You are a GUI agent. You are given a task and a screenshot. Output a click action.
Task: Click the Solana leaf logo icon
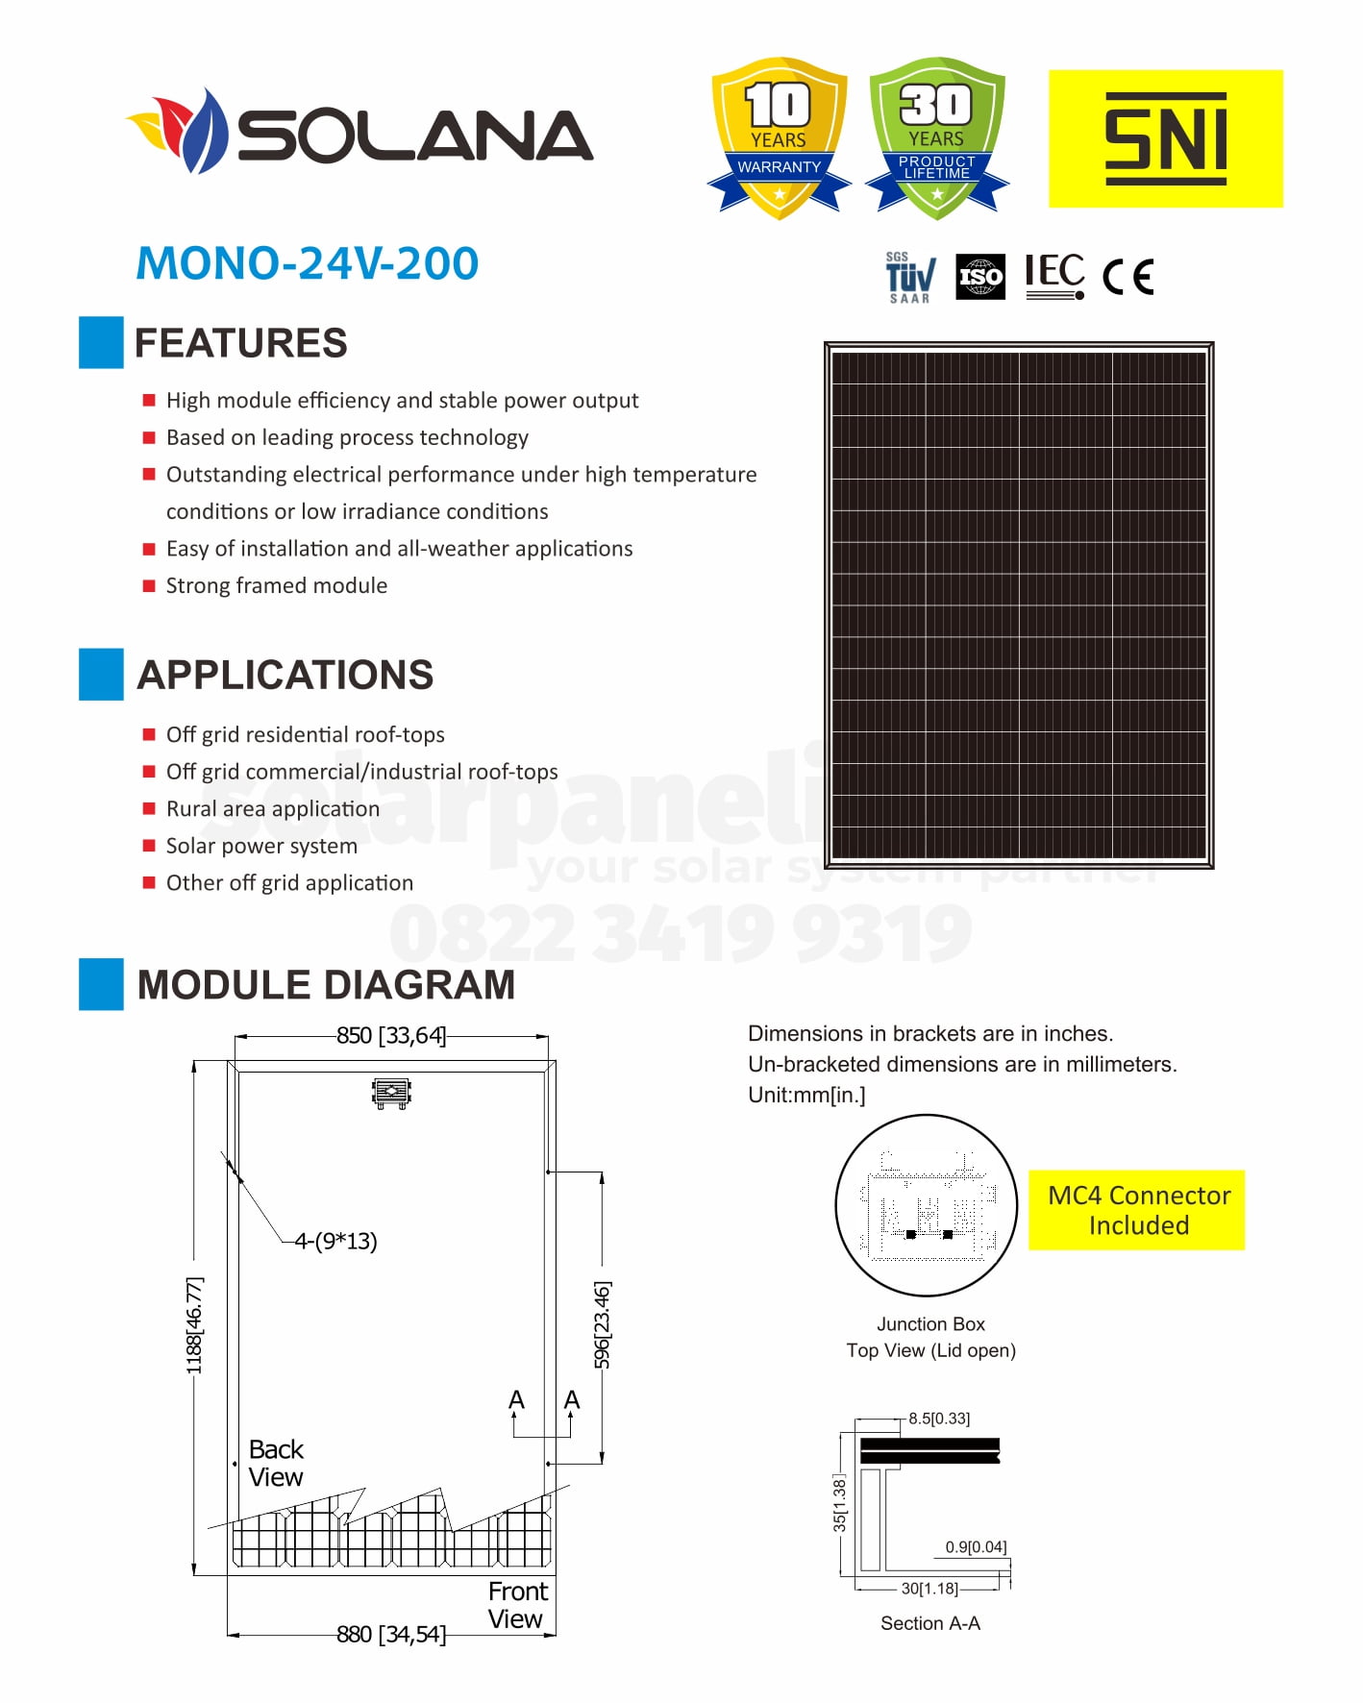click(179, 131)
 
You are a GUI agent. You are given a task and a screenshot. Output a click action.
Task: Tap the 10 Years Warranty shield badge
click(779, 136)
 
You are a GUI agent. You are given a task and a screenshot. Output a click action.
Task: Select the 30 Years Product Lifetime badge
click(936, 136)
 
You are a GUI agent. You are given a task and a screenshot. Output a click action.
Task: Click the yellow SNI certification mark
click(1165, 138)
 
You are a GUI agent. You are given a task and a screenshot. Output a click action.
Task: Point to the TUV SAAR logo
click(908, 278)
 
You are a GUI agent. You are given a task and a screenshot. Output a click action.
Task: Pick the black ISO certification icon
click(980, 277)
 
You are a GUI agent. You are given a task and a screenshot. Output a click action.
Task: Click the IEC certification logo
click(1054, 276)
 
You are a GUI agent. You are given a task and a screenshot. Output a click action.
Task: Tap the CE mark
click(1128, 277)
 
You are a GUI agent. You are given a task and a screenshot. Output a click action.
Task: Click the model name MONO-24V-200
click(308, 263)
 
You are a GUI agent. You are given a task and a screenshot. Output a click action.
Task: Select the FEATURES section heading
click(240, 343)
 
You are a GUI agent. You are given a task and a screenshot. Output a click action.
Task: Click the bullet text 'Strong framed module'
click(277, 585)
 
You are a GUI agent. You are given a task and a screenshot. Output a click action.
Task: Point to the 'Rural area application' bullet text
click(273, 808)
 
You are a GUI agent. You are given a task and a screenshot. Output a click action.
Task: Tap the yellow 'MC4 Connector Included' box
click(1137, 1210)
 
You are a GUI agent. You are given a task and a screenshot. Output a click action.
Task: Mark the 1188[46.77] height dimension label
click(195, 1325)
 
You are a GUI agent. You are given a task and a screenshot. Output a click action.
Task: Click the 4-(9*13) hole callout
click(335, 1241)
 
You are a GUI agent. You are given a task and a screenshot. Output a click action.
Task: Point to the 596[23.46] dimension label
click(603, 1323)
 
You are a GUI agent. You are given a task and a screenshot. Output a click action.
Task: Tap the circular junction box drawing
click(927, 1205)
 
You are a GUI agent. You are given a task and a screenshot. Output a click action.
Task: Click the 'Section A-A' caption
click(930, 1623)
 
